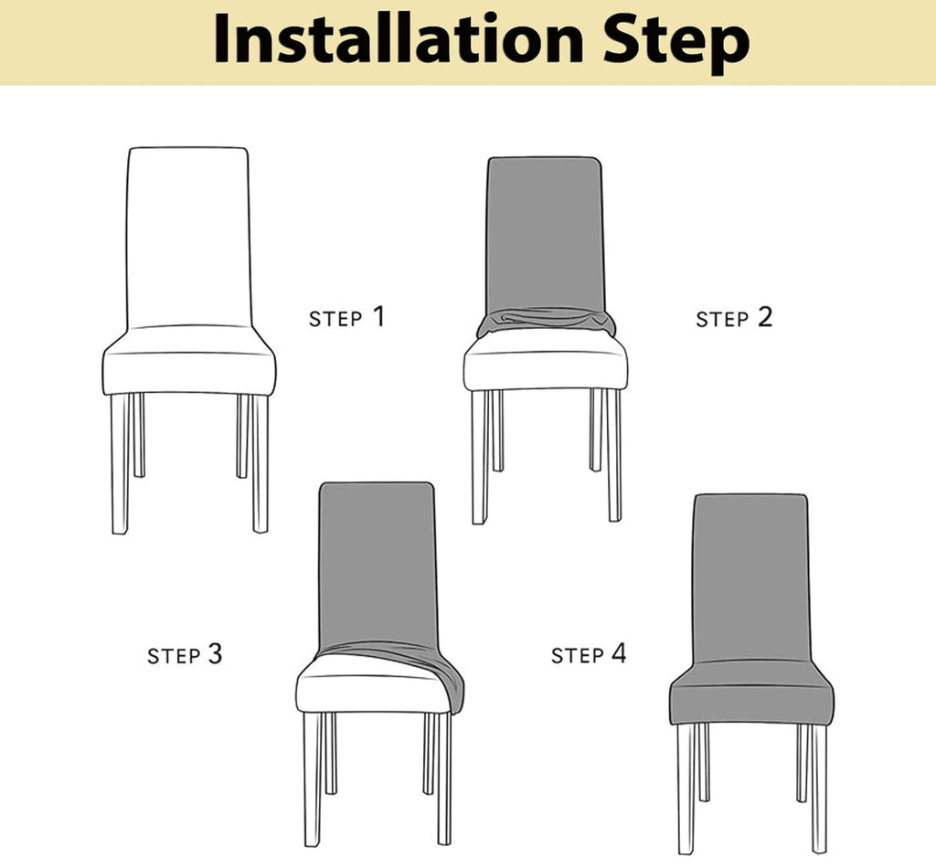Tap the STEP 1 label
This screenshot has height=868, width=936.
click(346, 318)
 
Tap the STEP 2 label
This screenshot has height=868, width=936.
click(734, 318)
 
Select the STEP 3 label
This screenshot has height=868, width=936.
click(185, 655)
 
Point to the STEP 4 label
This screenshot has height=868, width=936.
click(589, 654)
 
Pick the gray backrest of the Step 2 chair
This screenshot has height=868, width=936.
click(544, 233)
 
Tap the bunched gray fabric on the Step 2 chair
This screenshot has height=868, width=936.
click(546, 321)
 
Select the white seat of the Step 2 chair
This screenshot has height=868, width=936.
click(545, 365)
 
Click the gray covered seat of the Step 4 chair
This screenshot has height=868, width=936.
click(750, 698)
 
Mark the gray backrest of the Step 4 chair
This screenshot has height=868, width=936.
click(750, 576)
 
